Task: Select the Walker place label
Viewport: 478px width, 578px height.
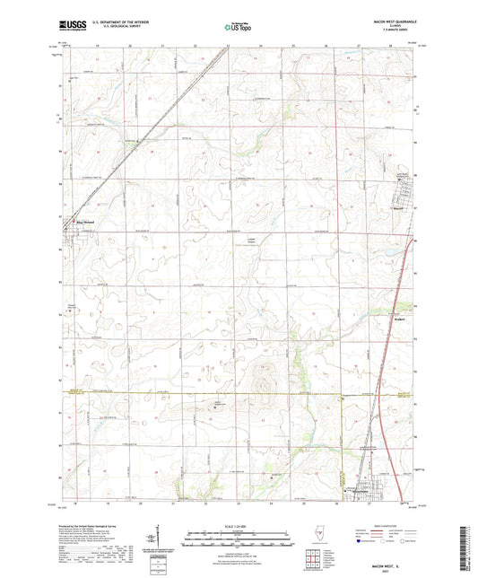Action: pos(399,319)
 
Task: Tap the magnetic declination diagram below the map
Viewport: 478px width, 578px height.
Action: pos(165,540)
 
